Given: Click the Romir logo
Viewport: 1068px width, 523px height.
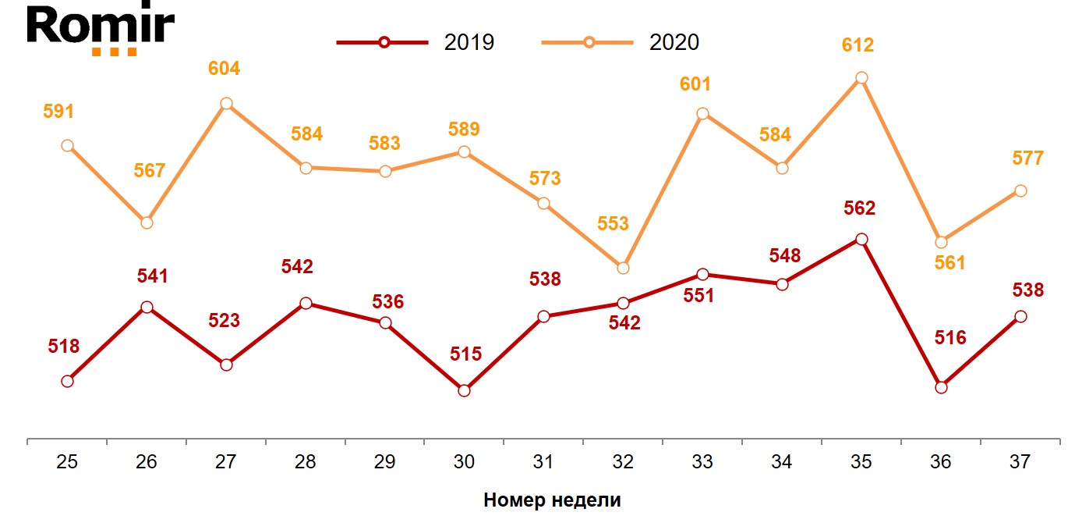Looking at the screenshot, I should point(101,30).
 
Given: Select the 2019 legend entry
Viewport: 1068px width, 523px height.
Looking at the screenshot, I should point(416,42).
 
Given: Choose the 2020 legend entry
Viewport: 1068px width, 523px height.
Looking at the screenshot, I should point(621,42).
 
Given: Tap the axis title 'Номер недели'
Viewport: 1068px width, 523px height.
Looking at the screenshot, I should point(552,500).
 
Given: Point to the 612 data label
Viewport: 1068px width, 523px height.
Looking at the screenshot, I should point(858,45).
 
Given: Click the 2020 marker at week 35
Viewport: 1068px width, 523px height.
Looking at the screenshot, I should point(861,77).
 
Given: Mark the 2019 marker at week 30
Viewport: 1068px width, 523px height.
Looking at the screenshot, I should point(464,390).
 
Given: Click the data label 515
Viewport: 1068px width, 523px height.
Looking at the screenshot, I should point(465,354).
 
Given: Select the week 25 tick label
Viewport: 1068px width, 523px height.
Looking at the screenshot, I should point(67,462).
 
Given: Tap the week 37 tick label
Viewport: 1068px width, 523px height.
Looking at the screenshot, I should point(1020,462).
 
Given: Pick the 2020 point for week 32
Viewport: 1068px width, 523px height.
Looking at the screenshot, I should point(622,268).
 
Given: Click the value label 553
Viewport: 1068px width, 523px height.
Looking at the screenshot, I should point(613,224).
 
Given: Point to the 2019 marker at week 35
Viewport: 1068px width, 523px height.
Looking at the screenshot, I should point(861,239).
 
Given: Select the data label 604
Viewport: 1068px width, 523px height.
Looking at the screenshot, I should point(224,68).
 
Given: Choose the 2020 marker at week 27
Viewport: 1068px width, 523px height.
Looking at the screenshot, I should point(226,104).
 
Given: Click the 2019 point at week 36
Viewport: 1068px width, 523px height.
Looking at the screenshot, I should point(941,387).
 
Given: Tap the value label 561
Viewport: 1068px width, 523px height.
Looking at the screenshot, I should point(950,263).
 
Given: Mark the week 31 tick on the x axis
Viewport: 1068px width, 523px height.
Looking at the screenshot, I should point(543,462).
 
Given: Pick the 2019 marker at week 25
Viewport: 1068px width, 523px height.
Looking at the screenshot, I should point(67,381).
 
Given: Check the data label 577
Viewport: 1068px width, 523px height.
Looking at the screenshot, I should point(1027,158).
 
